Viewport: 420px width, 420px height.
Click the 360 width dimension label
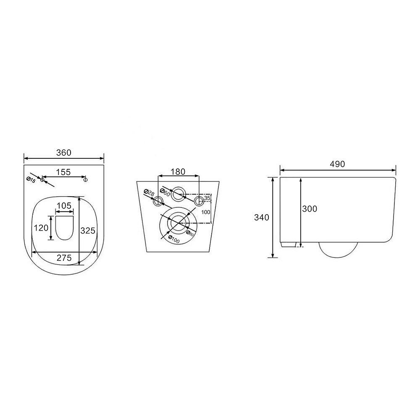coord(64,153)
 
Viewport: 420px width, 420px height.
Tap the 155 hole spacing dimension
coord(63,172)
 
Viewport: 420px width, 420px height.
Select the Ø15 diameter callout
coord(31,180)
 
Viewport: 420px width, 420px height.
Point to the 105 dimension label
coord(64,206)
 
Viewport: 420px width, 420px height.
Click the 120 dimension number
coord(41,228)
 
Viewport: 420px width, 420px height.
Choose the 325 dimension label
coord(88,230)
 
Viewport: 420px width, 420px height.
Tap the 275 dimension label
coord(64,258)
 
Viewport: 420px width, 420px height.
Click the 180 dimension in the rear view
coord(178,172)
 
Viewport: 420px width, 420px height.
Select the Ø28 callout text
coord(149,193)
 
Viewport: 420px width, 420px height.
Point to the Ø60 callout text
coord(165,192)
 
